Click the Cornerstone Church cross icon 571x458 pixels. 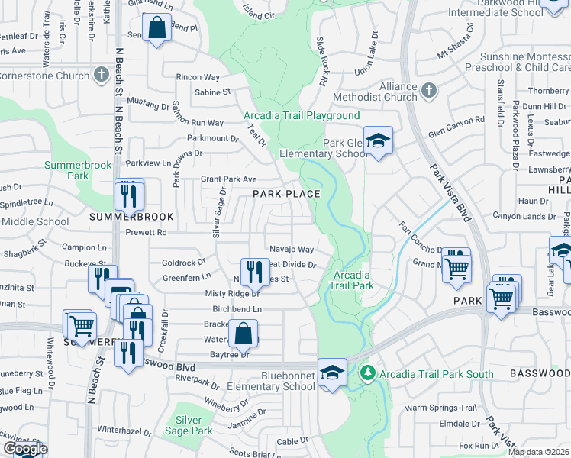[x=101, y=75]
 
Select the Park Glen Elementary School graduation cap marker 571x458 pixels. [x=377, y=141]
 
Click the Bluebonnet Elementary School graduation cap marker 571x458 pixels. [x=332, y=373]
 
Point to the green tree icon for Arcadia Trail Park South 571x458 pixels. [x=368, y=373]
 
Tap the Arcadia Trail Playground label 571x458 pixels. [x=302, y=116]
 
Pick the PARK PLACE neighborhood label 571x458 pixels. [x=286, y=194]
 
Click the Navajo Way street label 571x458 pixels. [x=292, y=250]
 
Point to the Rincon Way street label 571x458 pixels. [x=198, y=78]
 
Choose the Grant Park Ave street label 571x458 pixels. [x=228, y=179]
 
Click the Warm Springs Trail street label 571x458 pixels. [x=440, y=408]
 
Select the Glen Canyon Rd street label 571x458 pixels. [x=456, y=120]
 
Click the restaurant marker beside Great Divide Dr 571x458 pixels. [x=255, y=271]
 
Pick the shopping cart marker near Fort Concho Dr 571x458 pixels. [x=456, y=266]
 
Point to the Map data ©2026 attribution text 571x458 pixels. [x=539, y=452]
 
